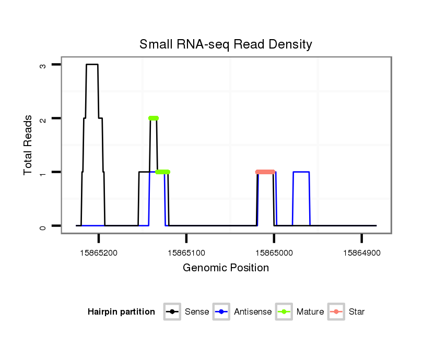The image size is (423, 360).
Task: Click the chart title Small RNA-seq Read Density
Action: [x=226, y=44]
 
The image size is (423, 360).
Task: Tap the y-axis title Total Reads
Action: [x=28, y=145]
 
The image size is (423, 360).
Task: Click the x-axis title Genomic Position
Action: [x=226, y=268]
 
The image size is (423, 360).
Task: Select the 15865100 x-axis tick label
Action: [x=186, y=253]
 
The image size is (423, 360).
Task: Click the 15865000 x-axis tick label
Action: [x=274, y=253]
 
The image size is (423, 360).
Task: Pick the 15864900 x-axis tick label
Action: [x=361, y=253]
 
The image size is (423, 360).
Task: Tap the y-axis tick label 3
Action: [x=43, y=65]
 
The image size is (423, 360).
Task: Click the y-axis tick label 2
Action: [x=43, y=118]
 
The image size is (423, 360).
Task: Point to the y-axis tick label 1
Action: [x=43, y=172]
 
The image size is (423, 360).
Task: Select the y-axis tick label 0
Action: [x=43, y=226]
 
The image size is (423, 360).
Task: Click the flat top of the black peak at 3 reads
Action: [x=92, y=64]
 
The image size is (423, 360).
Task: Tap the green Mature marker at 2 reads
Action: [x=153, y=118]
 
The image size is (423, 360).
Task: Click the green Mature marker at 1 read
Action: [x=162, y=172]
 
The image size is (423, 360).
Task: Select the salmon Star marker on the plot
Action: [x=265, y=172]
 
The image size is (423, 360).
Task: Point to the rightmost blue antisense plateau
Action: [x=301, y=172]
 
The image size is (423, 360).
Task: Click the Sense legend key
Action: [x=172, y=312]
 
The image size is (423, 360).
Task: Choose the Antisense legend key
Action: [x=221, y=312]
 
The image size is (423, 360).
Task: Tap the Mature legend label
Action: [x=310, y=312]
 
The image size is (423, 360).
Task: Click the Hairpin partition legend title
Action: [x=121, y=312]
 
